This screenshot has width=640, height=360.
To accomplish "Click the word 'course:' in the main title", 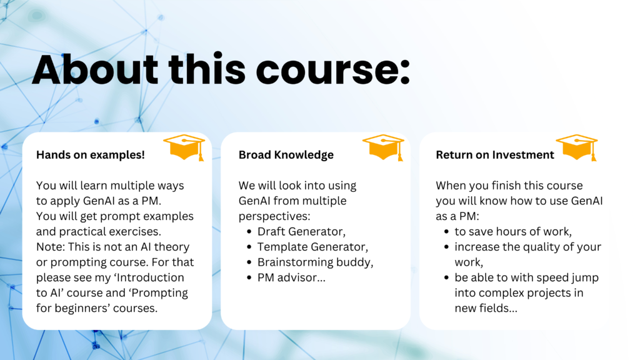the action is (x=332, y=69).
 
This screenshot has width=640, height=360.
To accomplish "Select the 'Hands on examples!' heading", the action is (x=91, y=155).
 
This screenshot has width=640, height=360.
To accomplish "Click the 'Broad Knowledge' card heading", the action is (x=286, y=155).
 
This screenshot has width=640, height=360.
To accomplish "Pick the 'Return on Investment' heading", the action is (x=495, y=155).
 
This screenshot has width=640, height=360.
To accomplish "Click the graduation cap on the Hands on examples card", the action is (x=184, y=147).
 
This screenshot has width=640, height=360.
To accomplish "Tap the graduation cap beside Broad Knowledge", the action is (x=383, y=147).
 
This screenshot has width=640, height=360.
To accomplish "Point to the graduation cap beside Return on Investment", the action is (x=577, y=147).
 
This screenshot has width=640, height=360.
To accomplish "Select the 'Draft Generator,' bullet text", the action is (x=302, y=231).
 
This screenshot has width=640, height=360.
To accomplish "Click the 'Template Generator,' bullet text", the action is (x=312, y=247).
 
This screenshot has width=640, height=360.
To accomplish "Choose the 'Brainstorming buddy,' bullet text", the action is (x=316, y=262).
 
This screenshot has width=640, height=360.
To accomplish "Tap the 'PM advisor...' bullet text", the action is (x=291, y=277).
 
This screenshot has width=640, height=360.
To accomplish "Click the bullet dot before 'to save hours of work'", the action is (x=446, y=232).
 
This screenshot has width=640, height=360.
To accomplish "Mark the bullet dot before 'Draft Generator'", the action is (x=249, y=232).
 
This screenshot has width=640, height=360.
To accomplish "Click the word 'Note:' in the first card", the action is (x=51, y=247).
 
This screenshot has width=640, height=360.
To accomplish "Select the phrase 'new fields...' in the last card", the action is (x=486, y=308).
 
